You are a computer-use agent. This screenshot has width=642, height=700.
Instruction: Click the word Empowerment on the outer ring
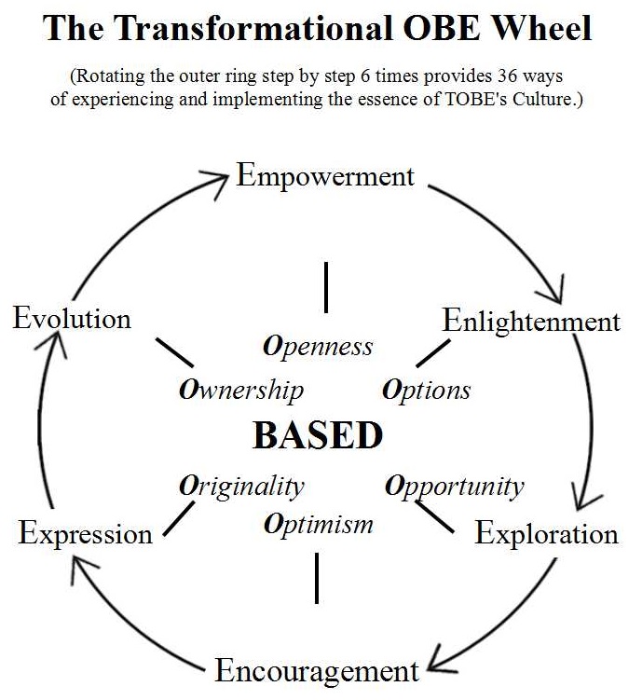(325, 176)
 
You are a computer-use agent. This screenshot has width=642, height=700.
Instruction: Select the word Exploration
(546, 534)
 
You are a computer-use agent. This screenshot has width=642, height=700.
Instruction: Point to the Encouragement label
(318, 670)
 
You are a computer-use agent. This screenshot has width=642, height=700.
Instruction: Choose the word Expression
(85, 534)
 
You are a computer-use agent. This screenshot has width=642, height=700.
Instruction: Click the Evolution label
(72, 319)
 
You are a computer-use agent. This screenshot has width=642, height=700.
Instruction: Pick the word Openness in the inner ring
(318, 347)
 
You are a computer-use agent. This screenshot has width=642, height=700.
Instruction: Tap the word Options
(427, 390)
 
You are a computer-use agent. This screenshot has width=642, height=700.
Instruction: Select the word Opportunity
(455, 486)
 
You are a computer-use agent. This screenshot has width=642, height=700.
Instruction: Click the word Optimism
(318, 524)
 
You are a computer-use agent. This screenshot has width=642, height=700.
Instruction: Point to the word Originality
(241, 486)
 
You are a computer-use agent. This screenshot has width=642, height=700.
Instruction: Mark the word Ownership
(240, 390)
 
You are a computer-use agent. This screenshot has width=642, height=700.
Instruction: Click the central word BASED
(318, 436)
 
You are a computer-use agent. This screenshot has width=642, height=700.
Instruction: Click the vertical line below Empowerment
(326, 287)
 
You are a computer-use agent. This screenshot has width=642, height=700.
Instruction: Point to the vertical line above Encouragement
(318, 578)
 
